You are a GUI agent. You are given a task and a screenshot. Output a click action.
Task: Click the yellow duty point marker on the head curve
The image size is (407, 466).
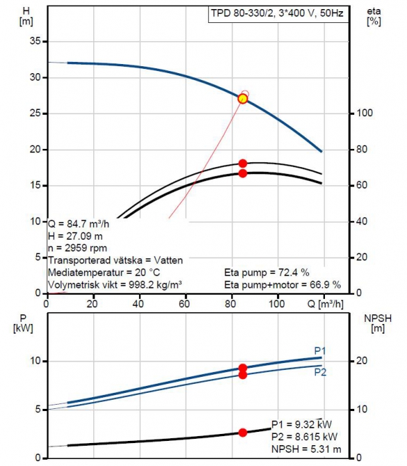point(243,99)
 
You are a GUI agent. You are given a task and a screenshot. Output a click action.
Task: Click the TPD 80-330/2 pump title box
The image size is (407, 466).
point(278,14)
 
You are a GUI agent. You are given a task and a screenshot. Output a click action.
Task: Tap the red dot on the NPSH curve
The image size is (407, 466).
point(243,433)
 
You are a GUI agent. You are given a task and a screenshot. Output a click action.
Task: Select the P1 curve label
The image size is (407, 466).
point(320,350)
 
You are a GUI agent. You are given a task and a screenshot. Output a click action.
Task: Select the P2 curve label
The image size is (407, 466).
point(320,372)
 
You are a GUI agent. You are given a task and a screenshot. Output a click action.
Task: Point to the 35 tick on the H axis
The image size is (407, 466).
point(35,41)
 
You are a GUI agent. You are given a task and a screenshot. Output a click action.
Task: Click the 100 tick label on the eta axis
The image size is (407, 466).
point(364,114)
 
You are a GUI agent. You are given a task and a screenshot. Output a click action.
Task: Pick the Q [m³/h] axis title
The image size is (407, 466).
point(326,304)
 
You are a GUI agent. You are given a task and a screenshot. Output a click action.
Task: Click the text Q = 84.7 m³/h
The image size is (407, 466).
point(79,224)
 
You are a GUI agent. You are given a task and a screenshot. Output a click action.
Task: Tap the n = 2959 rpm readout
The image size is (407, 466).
point(77,248)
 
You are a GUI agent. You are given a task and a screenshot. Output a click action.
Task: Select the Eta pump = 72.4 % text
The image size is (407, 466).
point(266,272)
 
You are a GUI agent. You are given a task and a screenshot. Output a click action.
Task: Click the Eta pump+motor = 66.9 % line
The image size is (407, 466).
point(282,285)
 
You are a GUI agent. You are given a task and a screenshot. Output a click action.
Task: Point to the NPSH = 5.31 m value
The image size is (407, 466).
point(306,449)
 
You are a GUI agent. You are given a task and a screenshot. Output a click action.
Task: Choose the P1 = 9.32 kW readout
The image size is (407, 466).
point(302,424)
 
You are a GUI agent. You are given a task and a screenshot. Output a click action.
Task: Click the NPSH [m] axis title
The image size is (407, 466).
point(378,323)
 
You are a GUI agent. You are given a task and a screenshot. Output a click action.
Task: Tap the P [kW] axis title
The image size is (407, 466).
point(23,323)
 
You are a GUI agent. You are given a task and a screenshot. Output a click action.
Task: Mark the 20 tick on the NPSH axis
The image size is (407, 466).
point(361,361)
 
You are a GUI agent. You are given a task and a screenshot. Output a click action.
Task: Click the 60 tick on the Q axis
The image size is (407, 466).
point(184,304)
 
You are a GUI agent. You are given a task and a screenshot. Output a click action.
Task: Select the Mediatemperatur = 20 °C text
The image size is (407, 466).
point(104,272)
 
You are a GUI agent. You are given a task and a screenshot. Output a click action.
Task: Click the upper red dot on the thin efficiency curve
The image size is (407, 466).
point(243,164)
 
